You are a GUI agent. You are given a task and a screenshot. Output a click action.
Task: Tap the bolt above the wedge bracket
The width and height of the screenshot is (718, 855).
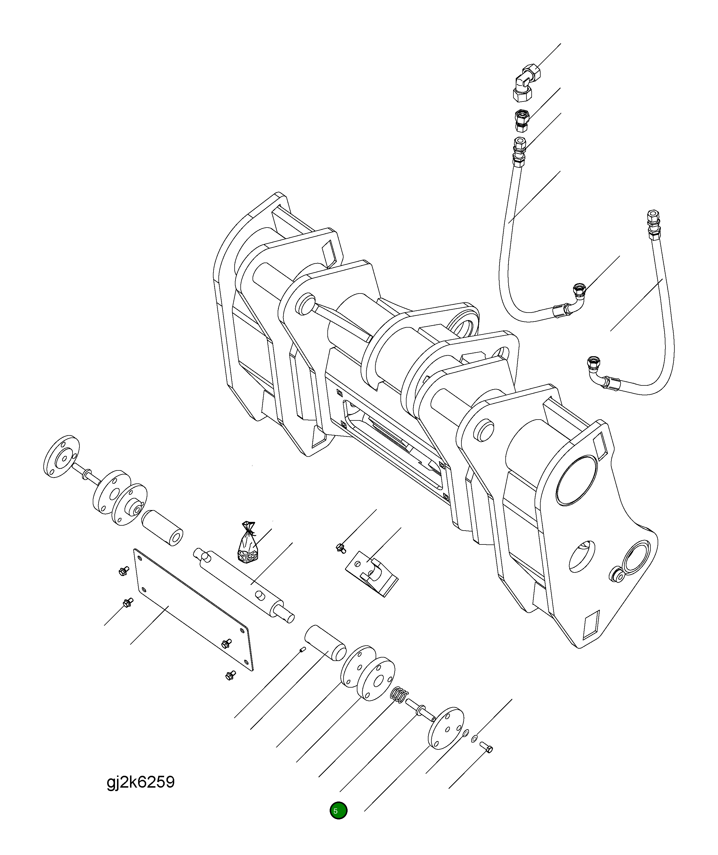[341, 548]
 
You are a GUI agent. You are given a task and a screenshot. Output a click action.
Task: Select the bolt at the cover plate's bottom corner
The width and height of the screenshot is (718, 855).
[230, 676]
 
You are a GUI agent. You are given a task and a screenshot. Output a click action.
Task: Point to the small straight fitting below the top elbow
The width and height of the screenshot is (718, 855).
[521, 120]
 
